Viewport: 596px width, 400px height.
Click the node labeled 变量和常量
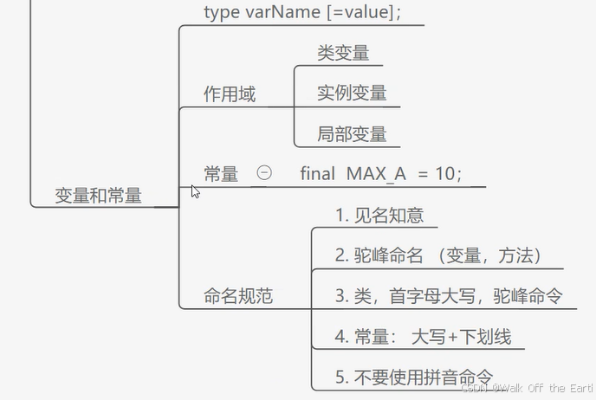pyautogui.click(x=98, y=195)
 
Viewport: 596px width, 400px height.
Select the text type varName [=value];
pyautogui.click(x=302, y=11)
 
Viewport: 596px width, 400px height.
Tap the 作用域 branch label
pyautogui.click(x=230, y=94)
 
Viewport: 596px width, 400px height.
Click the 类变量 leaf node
pyautogui.click(x=343, y=53)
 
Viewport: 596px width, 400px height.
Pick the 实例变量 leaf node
pyautogui.click(x=352, y=94)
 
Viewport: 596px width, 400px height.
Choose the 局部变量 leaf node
pyautogui.click(x=352, y=134)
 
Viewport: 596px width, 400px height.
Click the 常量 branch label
pyautogui.click(x=221, y=174)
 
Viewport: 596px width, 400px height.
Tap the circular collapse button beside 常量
pyautogui.click(x=264, y=172)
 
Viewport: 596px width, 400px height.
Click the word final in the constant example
pyautogui.click(x=317, y=173)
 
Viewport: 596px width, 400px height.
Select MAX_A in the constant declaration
pyautogui.click(x=376, y=173)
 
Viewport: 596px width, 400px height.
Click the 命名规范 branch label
pyautogui.click(x=238, y=296)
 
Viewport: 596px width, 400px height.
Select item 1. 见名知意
pyautogui.click(x=379, y=215)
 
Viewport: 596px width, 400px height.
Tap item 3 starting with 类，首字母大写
pyautogui.click(x=449, y=296)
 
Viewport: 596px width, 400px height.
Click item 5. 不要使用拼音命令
pyautogui.click(x=414, y=377)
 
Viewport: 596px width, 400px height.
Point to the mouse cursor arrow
pyautogui.click(x=195, y=190)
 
